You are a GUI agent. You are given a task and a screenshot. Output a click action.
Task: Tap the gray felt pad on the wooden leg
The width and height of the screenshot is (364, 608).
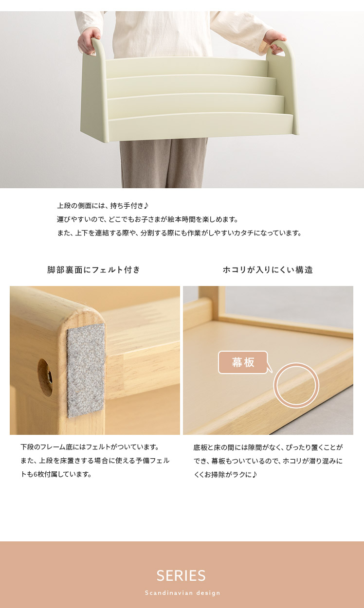86,370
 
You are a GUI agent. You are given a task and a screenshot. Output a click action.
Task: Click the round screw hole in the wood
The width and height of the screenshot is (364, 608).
45,377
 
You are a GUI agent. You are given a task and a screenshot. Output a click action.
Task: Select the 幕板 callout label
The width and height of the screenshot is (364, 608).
243,362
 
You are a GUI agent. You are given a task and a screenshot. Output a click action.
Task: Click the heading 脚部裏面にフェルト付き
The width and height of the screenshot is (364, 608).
94,270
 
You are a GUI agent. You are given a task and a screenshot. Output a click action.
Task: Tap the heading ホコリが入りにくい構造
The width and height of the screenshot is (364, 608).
268,270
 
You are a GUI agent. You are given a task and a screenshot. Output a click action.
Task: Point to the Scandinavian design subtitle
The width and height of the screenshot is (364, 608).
182,593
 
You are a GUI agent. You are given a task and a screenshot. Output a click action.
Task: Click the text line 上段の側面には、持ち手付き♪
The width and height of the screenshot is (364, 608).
103,206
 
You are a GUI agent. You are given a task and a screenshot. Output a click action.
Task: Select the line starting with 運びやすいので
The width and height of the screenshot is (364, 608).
147,219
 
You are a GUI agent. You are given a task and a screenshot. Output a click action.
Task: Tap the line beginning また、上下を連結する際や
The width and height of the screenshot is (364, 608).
179,233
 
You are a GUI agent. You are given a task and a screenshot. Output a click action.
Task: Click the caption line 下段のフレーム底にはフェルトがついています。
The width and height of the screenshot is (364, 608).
90,447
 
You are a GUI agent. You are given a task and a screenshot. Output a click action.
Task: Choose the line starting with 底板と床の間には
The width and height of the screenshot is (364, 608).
268,447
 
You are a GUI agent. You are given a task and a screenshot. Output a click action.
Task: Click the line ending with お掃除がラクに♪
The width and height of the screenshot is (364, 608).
225,474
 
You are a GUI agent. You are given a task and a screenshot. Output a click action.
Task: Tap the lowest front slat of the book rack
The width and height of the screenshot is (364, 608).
201,127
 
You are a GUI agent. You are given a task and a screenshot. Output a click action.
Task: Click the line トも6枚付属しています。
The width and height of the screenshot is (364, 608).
56,474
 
